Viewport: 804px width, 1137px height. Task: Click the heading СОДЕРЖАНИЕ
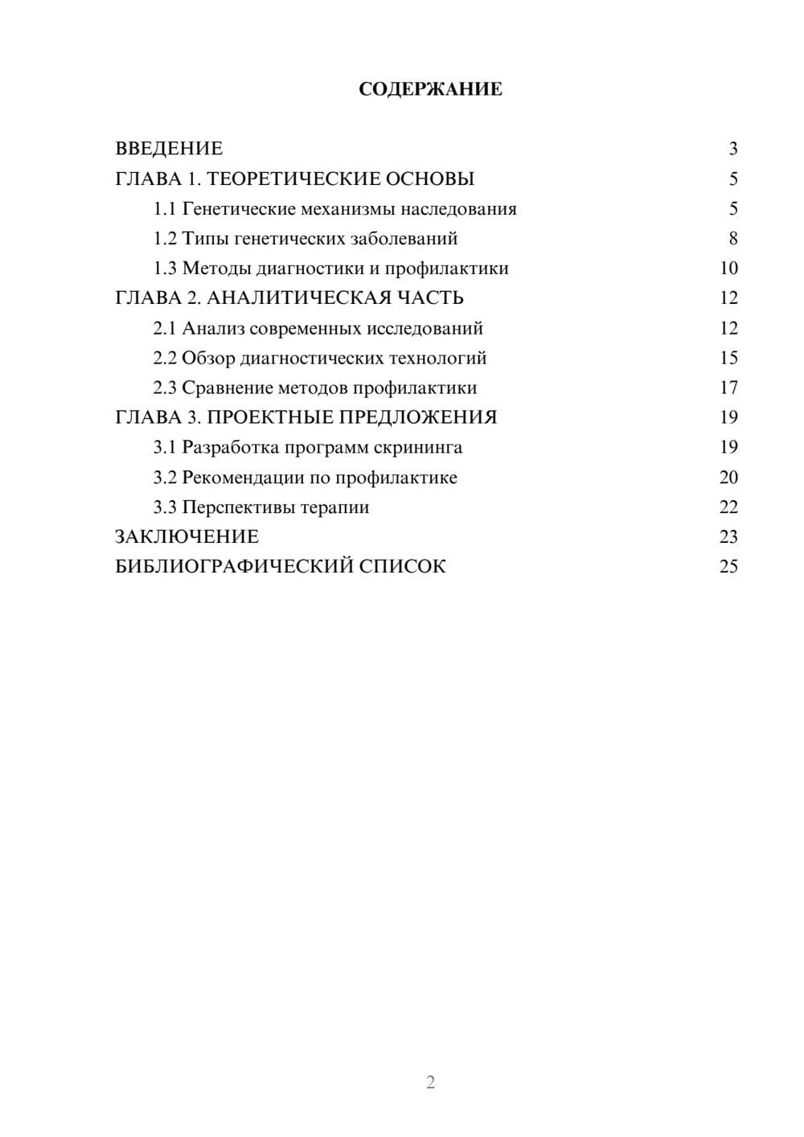pos(430,89)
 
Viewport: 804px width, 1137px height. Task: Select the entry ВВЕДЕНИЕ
pos(169,149)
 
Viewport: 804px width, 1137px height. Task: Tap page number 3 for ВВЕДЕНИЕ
pos(732,149)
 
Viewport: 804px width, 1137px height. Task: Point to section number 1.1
pos(165,209)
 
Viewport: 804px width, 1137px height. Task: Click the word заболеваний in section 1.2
pos(405,239)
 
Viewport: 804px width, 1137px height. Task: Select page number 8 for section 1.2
pos(732,239)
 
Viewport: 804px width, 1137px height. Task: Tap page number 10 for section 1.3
pos(728,269)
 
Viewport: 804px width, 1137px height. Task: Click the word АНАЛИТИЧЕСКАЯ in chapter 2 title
pos(298,298)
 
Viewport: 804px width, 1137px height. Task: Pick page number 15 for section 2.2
pos(728,358)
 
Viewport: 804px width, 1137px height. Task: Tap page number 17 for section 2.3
pos(728,388)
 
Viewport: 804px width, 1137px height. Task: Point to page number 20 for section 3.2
pos(728,478)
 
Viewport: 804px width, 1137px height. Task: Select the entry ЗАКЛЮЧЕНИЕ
pos(187,537)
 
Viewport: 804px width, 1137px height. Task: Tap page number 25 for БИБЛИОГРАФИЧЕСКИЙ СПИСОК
pos(728,567)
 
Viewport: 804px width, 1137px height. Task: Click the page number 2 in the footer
pos(430,1082)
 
